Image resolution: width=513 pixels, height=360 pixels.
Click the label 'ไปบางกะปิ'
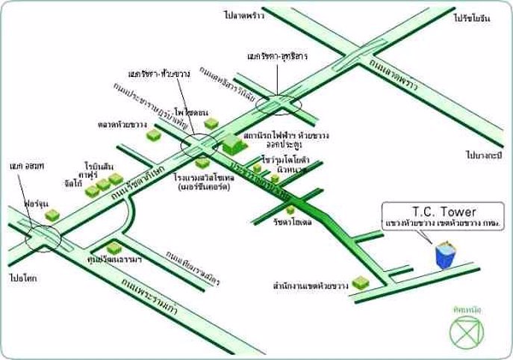point(482,155)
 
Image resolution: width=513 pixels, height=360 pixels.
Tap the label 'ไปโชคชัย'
point(25,276)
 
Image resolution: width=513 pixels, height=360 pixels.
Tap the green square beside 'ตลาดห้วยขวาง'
point(154,134)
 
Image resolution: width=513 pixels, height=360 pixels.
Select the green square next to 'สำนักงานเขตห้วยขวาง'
point(360,282)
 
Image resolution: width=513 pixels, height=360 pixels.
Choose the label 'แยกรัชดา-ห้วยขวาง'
point(160,75)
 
